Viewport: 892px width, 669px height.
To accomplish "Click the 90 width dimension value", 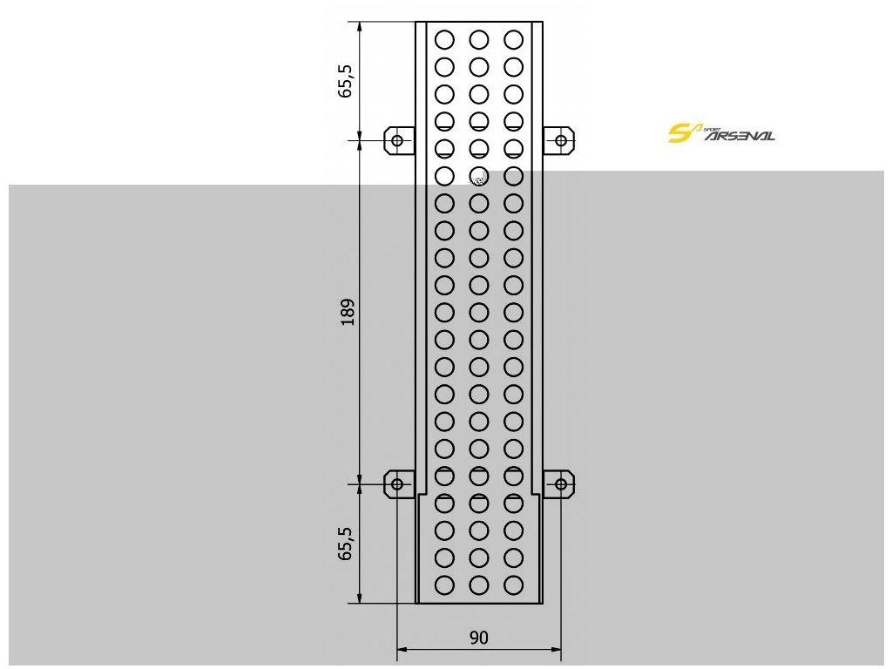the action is tap(478, 638).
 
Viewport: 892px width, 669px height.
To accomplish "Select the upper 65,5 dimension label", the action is tap(347, 79).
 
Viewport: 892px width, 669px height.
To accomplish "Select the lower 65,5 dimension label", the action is tap(347, 543).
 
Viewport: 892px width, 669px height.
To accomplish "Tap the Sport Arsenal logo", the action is tap(720, 133).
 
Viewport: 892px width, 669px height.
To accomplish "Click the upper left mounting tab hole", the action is tap(397, 139).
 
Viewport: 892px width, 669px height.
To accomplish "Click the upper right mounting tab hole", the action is tap(560, 139).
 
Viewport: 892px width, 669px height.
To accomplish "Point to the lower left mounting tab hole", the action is tap(397, 483).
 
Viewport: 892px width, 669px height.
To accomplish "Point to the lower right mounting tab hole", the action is tap(560, 483).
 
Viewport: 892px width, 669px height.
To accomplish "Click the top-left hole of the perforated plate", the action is tap(444, 39).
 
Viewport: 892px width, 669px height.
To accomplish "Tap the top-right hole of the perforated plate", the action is tap(513, 39).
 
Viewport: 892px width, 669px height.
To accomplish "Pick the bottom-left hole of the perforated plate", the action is tap(444, 585).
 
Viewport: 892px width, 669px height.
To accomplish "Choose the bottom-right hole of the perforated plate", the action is tap(513, 585).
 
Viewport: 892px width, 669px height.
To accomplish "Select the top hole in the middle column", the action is tap(478, 39).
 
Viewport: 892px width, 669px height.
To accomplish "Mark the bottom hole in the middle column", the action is tap(478, 585).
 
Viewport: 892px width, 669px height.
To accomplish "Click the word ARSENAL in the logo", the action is tap(739, 137).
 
